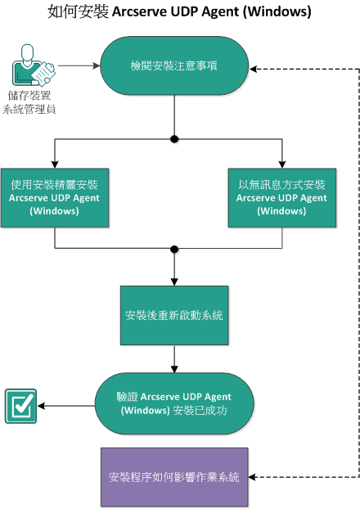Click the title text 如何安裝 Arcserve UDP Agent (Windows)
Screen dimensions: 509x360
point(179,13)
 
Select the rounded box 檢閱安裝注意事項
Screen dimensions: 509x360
point(174,66)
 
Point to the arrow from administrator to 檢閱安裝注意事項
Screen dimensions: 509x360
point(79,66)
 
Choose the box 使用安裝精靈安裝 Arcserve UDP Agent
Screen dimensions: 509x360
point(55,198)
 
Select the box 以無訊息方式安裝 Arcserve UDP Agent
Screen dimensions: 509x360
point(281,198)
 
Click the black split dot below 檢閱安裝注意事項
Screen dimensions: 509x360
point(174,139)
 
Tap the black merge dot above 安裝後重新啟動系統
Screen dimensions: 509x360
point(174,248)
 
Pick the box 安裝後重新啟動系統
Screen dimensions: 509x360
point(174,315)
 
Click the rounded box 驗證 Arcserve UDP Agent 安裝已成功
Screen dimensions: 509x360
point(174,403)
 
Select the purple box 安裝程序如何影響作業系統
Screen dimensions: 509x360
point(174,476)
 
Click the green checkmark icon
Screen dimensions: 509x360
point(20,404)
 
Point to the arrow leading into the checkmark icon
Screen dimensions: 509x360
point(65,404)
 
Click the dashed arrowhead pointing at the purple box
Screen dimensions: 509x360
point(256,476)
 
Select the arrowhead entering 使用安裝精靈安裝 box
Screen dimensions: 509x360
point(55,164)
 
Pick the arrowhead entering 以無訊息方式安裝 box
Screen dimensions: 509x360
point(281,164)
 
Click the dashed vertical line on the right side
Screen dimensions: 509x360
point(358,270)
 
